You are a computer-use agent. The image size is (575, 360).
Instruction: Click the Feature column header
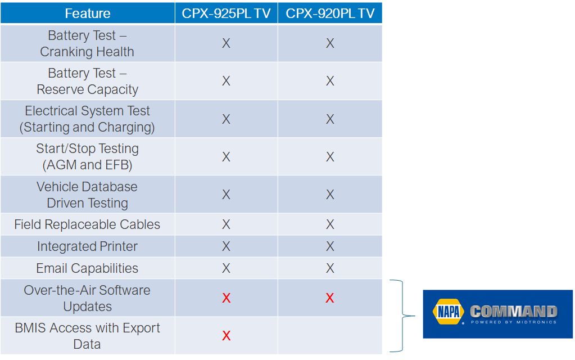coord(88,13)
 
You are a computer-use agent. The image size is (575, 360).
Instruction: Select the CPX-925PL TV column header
coord(227,13)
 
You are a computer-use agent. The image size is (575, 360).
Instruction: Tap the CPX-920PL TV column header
coord(330,13)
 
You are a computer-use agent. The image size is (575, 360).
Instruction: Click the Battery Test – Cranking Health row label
coord(87,43)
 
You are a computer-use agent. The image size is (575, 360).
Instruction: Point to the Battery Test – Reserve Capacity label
coord(87,81)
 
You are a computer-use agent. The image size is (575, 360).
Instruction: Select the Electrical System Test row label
coord(87,119)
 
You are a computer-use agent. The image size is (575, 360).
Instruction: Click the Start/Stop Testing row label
coord(87,157)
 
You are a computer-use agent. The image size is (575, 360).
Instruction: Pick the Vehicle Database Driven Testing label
coord(87,195)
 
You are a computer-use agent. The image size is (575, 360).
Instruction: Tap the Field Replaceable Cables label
coord(87,224)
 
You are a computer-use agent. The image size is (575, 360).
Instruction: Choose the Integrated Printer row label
coord(87,246)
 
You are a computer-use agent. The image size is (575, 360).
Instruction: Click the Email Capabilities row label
coord(87,268)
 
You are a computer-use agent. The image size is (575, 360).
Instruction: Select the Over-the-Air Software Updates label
coord(87,298)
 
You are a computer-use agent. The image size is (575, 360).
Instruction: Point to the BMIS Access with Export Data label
coord(87,336)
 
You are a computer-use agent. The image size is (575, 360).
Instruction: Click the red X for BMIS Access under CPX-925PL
coord(227,336)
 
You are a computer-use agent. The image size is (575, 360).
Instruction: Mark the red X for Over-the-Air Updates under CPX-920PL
coord(330,298)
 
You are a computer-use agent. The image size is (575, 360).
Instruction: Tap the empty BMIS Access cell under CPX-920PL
coord(330,336)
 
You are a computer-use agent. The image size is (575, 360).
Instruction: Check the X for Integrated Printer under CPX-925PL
coord(227,246)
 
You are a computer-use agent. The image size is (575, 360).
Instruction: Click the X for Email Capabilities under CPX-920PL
coord(330,268)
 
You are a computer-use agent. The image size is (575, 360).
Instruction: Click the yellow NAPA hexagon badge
coord(448,312)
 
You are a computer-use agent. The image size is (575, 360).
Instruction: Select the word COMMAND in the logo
coord(514,312)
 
